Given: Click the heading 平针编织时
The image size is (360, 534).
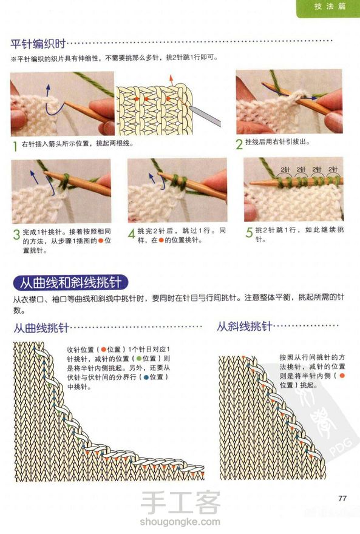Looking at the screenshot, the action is (x=38, y=44).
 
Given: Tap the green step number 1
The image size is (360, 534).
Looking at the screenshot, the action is (x=15, y=146).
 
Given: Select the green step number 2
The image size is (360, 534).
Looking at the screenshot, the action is (x=239, y=144).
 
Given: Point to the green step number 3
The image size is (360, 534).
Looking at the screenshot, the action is (x=16, y=234).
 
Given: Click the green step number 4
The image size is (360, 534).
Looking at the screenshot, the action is (x=132, y=234).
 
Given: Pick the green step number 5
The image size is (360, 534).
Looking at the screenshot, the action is (x=249, y=232).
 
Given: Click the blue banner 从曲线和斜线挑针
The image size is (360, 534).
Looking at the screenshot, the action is (x=70, y=283).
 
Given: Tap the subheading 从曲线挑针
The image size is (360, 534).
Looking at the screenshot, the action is (x=41, y=328).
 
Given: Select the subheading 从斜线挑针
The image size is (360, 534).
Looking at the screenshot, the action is (x=245, y=326).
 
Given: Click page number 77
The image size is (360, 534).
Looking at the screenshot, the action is (x=342, y=498).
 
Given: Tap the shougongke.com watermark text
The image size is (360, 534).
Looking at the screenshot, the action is (x=180, y=521).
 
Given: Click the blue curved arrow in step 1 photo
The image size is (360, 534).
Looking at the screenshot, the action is (x=52, y=101).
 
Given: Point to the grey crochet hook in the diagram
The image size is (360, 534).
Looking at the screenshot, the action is (x=205, y=116).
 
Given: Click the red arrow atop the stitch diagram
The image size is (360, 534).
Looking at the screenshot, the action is (x=171, y=80).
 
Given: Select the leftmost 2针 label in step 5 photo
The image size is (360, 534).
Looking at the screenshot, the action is (x=285, y=169).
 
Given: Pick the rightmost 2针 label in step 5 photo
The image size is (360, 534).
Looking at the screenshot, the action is (x=333, y=169).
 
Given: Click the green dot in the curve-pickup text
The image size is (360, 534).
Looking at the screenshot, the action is (x=138, y=359).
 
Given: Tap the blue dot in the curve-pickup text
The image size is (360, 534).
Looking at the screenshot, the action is (x=146, y=377).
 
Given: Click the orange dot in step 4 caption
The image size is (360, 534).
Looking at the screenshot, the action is (x=161, y=240).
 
